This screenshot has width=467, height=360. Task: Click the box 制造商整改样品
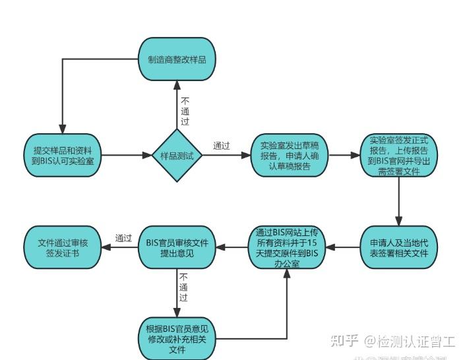(177, 59)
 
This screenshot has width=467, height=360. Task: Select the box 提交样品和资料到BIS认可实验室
(63, 156)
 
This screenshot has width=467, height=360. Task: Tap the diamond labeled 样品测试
(177, 156)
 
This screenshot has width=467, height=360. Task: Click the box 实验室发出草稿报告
(290, 156)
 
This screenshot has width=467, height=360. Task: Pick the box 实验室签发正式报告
(398, 156)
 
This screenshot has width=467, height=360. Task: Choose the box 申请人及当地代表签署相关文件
(398, 247)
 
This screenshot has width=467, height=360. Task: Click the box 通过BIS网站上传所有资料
(287, 247)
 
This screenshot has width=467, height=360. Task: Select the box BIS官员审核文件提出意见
(177, 247)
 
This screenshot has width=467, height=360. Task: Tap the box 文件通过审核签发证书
(63, 247)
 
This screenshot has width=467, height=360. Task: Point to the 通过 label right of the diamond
(222, 146)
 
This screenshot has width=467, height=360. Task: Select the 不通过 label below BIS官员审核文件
(184, 287)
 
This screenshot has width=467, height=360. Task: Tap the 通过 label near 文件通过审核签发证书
(123, 238)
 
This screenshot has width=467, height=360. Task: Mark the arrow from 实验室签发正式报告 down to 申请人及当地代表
(398, 202)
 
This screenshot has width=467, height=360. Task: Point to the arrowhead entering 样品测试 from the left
(148, 156)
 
